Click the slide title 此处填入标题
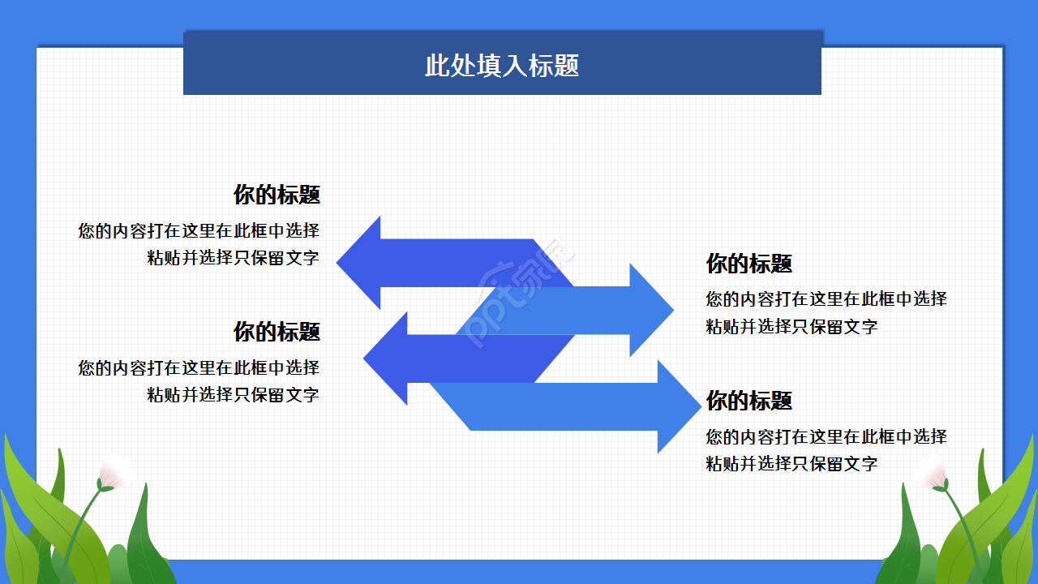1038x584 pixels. click(502, 65)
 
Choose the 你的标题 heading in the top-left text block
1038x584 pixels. click(277, 195)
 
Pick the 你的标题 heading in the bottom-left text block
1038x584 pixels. click(277, 332)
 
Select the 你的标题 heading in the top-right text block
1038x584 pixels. click(748, 264)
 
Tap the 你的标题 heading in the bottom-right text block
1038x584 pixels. click(748, 401)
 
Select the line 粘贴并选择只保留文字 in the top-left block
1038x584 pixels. click(233, 259)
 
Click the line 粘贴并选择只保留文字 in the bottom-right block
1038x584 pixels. click(791, 464)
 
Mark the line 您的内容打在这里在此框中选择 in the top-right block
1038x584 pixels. click(826, 298)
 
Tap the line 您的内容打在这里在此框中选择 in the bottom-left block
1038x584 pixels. click(199, 367)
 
